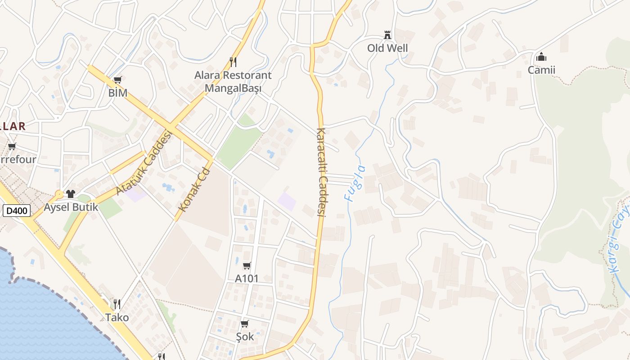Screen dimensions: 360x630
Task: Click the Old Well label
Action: (387, 48)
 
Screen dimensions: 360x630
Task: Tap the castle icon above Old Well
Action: (387, 35)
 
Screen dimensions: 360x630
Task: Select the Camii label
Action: (541, 70)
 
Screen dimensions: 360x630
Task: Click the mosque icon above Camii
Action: (541, 57)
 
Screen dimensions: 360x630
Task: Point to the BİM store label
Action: (118, 93)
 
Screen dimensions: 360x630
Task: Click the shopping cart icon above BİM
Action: (118, 80)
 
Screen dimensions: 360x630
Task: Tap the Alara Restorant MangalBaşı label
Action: (233, 81)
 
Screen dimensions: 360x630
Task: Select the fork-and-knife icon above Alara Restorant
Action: (233, 62)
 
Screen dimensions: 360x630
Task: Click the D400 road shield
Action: (17, 210)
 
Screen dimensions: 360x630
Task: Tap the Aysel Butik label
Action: (71, 208)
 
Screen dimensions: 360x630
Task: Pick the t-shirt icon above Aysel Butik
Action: (71, 194)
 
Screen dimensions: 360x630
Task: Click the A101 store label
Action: (247, 279)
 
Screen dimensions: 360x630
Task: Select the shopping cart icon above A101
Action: (247, 265)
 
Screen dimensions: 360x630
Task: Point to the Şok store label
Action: (245, 337)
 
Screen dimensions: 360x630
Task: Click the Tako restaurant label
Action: (117, 318)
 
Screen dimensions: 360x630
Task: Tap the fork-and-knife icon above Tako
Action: (117, 304)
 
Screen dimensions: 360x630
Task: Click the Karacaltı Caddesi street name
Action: (321, 172)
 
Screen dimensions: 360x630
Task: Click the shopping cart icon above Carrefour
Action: (12, 146)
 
